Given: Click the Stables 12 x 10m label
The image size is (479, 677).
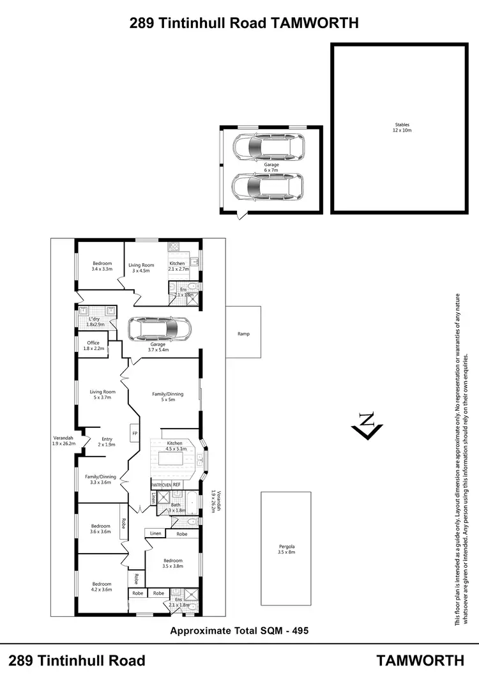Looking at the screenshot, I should (x=402, y=128).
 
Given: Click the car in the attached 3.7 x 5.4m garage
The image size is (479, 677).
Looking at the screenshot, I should (x=160, y=330).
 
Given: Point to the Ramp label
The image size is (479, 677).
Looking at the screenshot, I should (x=243, y=333).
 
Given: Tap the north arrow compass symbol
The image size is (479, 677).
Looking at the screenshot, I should (x=367, y=425).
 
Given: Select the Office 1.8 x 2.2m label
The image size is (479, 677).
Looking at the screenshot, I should (x=93, y=346).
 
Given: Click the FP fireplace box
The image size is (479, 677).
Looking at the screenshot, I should (x=135, y=434).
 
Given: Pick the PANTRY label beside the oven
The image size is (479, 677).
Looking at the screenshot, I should (x=156, y=485).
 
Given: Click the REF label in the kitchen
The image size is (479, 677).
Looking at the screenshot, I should (x=177, y=485).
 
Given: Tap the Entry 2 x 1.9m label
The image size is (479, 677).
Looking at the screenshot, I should (x=107, y=441).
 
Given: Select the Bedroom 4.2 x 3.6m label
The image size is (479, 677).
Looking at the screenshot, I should (x=102, y=586).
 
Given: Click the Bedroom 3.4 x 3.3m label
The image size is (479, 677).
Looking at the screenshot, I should (x=102, y=266).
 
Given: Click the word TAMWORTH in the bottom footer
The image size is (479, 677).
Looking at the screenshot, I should (x=420, y=660).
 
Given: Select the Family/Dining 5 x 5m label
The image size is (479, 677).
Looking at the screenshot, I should (x=167, y=397).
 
